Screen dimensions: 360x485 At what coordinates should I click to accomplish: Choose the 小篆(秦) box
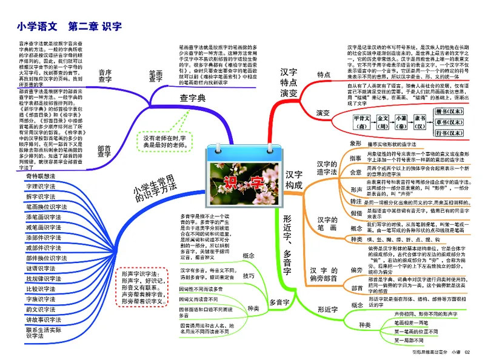tap(401, 122)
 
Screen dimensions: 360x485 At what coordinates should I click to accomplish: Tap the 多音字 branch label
tap(279, 302)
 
